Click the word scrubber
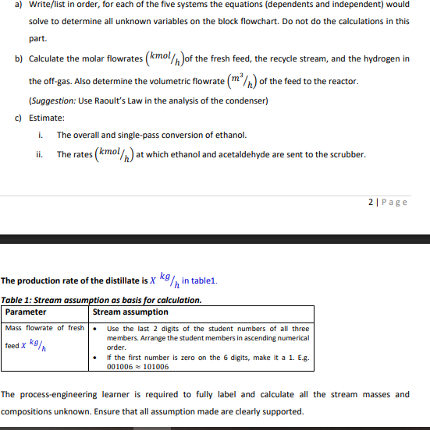(x=347, y=154)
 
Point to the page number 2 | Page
(x=388, y=202)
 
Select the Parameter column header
(x=26, y=312)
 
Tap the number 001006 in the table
(x=120, y=366)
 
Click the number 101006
(x=154, y=366)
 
